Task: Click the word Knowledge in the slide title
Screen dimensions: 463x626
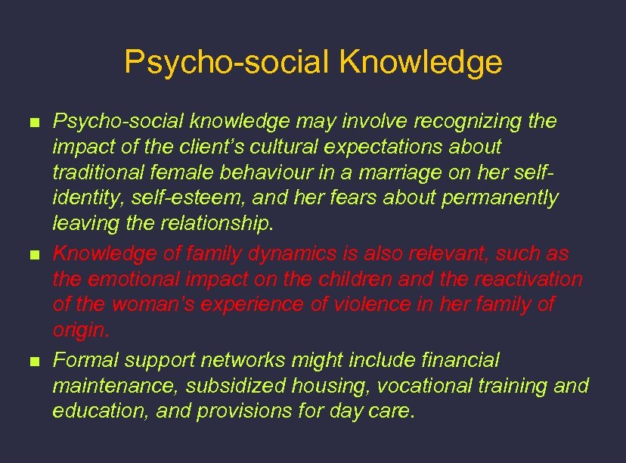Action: pyautogui.click(x=420, y=62)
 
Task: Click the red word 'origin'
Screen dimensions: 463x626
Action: pyautogui.click(x=79, y=331)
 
